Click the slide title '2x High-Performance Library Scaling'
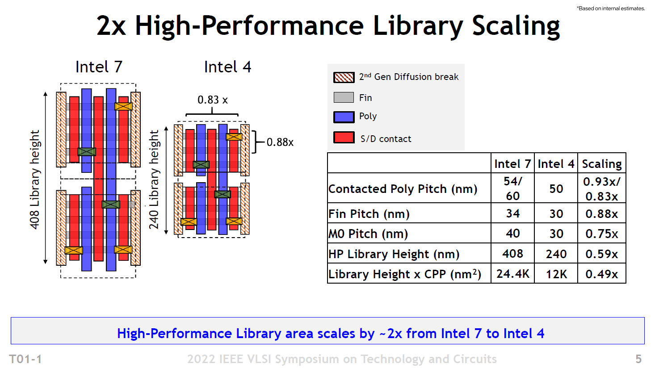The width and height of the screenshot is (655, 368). click(328, 26)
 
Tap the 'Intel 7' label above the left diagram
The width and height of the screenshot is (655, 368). click(99, 67)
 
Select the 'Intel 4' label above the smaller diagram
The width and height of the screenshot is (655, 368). click(227, 67)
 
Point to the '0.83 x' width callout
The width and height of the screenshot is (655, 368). click(213, 100)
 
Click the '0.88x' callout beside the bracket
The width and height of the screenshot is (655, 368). click(280, 142)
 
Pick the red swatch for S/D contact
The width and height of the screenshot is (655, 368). click(344, 138)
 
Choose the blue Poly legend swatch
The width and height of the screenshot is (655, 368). click(344, 117)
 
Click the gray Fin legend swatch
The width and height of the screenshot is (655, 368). click(344, 97)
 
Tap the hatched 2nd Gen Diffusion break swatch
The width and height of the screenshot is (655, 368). click(344, 77)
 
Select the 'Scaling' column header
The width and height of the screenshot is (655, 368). click(601, 164)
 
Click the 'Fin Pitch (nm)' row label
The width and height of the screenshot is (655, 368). click(369, 214)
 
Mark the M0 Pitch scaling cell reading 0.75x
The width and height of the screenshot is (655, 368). click(601, 234)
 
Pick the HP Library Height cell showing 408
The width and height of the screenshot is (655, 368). click(512, 254)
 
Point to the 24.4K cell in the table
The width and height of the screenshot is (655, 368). click(512, 274)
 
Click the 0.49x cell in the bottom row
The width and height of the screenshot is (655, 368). click(601, 274)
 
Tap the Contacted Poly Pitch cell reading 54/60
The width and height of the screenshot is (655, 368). click(512, 188)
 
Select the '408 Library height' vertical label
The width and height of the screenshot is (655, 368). click(35, 180)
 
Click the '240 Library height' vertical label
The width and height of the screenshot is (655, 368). click(154, 180)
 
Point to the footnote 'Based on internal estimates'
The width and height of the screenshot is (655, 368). click(611, 8)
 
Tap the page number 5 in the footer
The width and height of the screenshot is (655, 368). click(638, 359)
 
